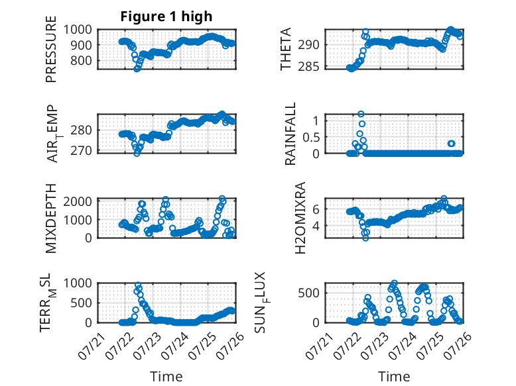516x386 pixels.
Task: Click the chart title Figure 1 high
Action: coord(166,17)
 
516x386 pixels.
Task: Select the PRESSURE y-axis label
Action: coord(51,49)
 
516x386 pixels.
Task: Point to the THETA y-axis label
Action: coord(286,49)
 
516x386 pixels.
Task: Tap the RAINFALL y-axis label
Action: coord(290,133)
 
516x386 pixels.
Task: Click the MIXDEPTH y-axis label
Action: coord(51,218)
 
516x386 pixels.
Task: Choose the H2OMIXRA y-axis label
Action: coord(300,218)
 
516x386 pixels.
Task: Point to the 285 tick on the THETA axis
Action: coord(308,67)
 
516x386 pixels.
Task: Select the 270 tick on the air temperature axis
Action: coord(81,151)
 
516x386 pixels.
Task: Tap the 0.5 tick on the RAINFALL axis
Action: coord(311,137)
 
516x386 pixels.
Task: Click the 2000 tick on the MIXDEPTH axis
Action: coord(78,201)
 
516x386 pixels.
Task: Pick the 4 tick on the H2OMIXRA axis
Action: coord(316,226)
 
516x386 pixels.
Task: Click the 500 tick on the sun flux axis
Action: coord(308,293)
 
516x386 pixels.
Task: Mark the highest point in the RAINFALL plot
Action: coord(361,114)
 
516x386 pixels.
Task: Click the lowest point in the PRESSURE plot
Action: coord(137,69)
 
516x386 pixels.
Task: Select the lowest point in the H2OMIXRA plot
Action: coord(365,238)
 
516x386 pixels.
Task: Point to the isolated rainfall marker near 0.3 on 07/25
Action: coord(452,144)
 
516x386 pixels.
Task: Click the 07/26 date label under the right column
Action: coord(458,346)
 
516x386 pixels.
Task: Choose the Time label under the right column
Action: coord(394,377)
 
